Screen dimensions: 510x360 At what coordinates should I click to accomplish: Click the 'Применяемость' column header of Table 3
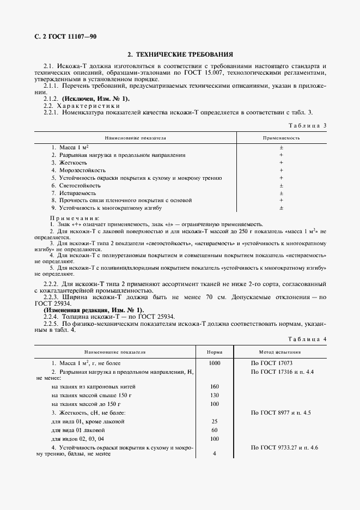[x=282, y=138]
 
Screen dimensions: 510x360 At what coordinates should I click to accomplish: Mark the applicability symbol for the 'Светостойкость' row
[x=282, y=186]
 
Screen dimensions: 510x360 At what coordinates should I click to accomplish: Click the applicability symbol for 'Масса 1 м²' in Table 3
[x=282, y=148]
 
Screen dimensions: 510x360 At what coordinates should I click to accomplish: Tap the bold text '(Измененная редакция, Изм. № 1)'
[x=94, y=309]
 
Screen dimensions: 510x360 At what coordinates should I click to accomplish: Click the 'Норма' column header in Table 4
[x=215, y=352]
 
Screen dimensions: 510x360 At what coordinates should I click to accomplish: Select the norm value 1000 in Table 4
[x=215, y=362]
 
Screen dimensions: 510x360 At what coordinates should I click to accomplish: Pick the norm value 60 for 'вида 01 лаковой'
[x=215, y=430]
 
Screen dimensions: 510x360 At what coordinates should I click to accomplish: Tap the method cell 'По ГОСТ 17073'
[x=272, y=362]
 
